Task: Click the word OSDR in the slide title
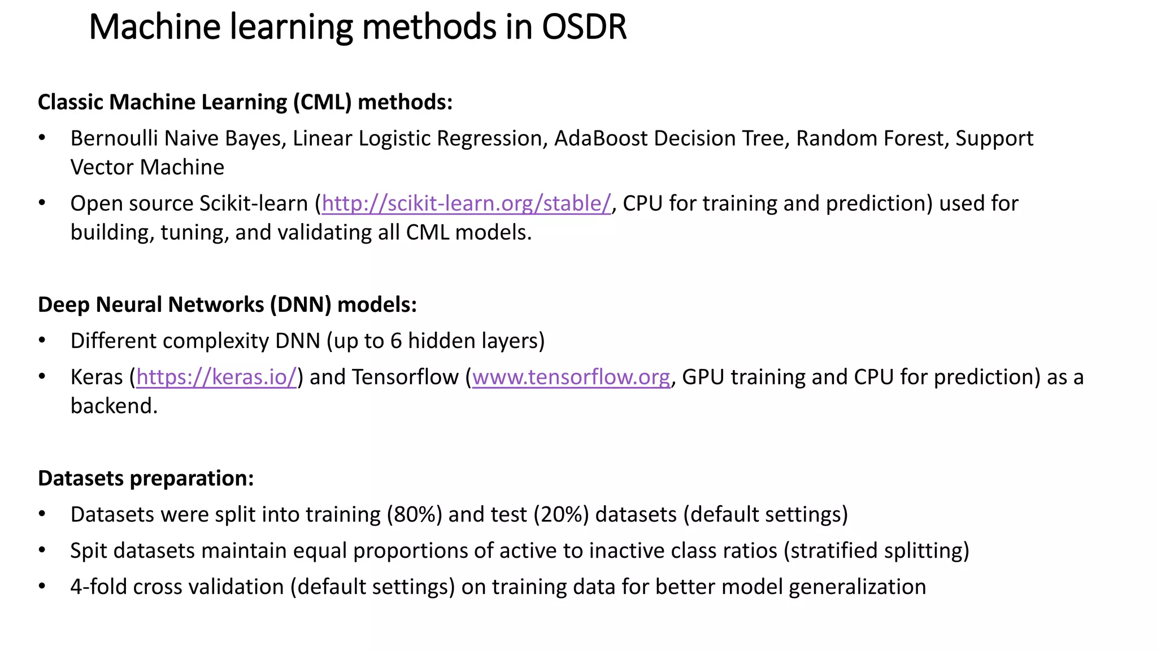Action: pyautogui.click(x=584, y=27)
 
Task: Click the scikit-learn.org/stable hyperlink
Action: pyautogui.click(x=466, y=203)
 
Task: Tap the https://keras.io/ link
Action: pyautogui.click(x=216, y=377)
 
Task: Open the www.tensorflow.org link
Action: pyautogui.click(x=571, y=377)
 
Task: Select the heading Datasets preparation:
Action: pyautogui.click(x=146, y=478)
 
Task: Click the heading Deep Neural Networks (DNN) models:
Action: pyautogui.click(x=227, y=305)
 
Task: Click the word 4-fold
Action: pyautogui.click(x=98, y=587)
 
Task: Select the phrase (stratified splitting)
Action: pyautogui.click(x=876, y=551)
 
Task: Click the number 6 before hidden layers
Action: pyautogui.click(x=396, y=341)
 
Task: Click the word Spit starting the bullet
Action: pyautogui.click(x=89, y=551)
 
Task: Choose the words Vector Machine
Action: pyautogui.click(x=147, y=167)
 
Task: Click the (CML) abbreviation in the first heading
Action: pyautogui.click(x=322, y=102)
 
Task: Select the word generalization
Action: pyautogui.click(x=857, y=587)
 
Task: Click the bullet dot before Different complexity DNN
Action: pyautogui.click(x=42, y=341)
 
